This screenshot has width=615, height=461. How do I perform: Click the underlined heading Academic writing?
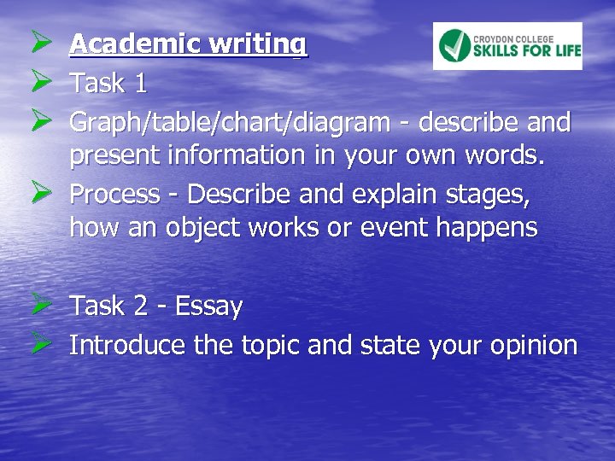188,44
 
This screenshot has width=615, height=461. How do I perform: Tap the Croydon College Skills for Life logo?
507,46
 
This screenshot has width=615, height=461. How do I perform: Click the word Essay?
209,306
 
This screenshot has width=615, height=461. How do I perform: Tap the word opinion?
534,345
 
